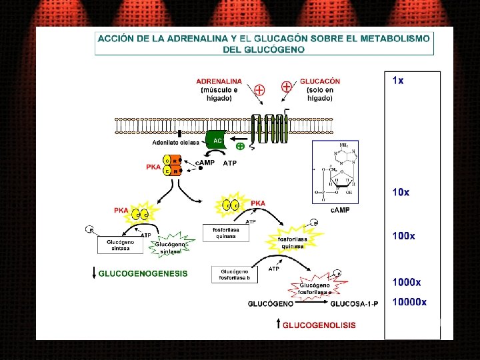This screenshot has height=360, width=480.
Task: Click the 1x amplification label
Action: [x=398, y=81]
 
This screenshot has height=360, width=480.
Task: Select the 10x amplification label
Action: [x=401, y=192]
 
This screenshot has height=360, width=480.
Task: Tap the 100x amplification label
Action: [x=404, y=236]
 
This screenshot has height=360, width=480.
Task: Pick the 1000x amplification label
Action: [x=407, y=283]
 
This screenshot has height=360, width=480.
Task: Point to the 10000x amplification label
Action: [x=409, y=302]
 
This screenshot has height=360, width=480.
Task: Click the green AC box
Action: [x=217, y=140]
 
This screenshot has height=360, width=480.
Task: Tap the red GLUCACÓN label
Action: [x=320, y=82]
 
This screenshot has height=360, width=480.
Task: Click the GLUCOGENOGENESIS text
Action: [x=143, y=273]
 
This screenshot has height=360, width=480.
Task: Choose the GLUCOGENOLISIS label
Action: [x=319, y=325]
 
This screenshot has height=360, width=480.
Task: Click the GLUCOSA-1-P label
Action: [x=354, y=304]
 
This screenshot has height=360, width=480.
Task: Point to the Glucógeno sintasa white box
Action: [x=121, y=246]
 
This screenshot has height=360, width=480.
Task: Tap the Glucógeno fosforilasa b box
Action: [x=235, y=275]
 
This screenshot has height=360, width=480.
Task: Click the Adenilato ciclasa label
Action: [x=175, y=142]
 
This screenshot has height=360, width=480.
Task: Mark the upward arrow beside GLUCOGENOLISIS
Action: [x=278, y=325]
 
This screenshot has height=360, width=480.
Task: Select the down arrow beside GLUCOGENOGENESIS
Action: [x=94, y=273]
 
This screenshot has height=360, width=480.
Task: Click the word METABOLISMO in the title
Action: [x=391, y=39]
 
